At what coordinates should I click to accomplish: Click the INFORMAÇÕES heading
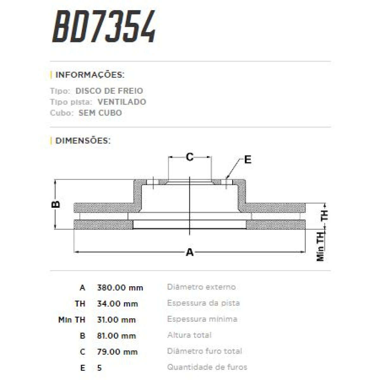[90, 75]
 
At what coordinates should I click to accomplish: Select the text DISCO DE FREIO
[109, 91]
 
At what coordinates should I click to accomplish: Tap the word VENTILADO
[122, 102]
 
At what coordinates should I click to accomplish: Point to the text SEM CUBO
[100, 113]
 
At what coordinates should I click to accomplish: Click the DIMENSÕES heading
[83, 141]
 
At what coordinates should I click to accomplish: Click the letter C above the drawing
[189, 157]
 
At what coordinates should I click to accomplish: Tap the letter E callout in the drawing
[248, 160]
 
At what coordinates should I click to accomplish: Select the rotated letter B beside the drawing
[56, 204]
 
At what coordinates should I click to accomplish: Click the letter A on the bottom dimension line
[189, 252]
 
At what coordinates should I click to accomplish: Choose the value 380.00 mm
[120, 288]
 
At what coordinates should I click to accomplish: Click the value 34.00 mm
[117, 304]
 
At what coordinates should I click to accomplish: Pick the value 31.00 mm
[116, 320]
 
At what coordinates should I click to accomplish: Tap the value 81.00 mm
[116, 336]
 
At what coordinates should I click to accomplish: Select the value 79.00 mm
[117, 352]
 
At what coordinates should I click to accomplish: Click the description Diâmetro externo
[201, 287]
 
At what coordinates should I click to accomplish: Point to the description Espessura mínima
[202, 319]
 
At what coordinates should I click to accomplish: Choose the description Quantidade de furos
[207, 367]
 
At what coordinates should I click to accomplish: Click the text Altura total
[189, 335]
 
